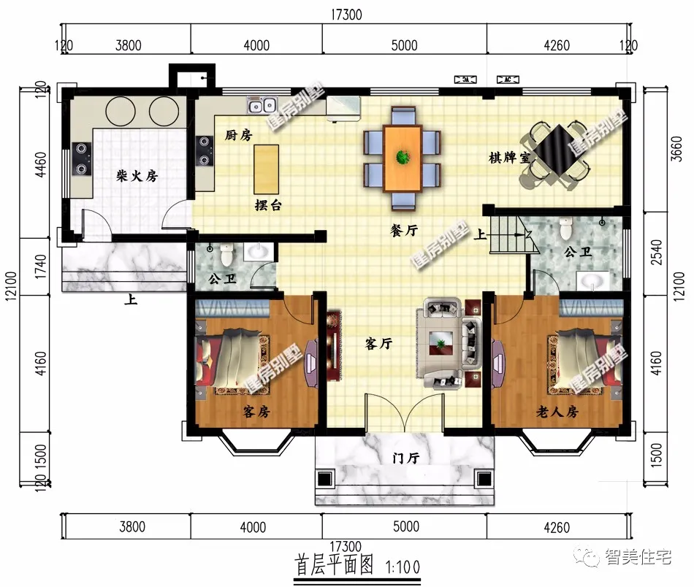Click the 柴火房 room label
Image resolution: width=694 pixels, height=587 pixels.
tap(137, 176)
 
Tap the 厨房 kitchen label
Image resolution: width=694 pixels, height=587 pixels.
tap(238, 136)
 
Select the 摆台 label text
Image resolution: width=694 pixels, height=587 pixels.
tap(268, 206)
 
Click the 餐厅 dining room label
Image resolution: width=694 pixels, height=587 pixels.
tap(403, 230)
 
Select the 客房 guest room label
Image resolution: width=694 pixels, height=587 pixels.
tap(256, 413)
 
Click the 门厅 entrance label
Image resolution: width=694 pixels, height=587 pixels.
tap(405, 458)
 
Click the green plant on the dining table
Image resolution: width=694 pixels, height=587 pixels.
tap(403, 156)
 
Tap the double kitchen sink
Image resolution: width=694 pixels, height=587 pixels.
tap(262, 107)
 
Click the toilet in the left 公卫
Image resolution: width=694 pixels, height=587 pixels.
tap(226, 255)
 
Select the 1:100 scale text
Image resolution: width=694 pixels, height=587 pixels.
tap(403, 566)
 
